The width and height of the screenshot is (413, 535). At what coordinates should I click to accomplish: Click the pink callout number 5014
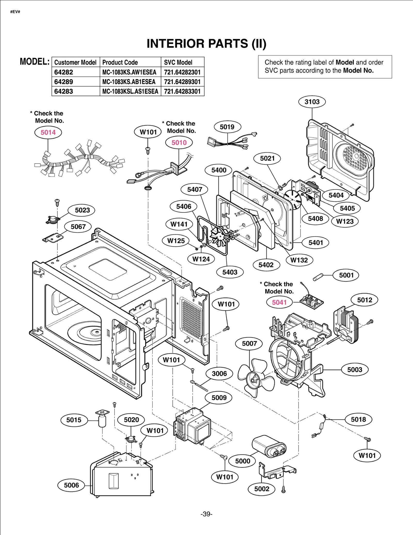click(48, 132)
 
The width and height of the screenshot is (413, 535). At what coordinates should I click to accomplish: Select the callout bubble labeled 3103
click(312, 102)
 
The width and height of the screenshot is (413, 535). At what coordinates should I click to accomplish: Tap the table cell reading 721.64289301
click(182, 82)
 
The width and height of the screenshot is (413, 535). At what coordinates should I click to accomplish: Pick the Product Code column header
click(120, 62)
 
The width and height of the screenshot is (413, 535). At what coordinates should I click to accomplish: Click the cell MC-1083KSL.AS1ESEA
click(130, 91)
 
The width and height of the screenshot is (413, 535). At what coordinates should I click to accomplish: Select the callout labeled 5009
click(219, 398)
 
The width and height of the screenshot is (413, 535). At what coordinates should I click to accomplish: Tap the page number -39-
click(206, 514)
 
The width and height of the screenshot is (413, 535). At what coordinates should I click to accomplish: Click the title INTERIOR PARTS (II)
click(206, 44)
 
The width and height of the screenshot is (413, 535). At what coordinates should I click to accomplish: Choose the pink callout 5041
click(279, 302)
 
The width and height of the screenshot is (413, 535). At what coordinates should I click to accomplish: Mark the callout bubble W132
click(299, 260)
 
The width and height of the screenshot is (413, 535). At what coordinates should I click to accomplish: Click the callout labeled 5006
click(71, 485)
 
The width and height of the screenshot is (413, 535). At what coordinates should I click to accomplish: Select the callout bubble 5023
click(82, 210)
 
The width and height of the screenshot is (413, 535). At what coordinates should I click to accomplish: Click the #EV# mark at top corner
click(15, 12)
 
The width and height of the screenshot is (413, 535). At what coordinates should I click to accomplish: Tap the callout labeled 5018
click(358, 419)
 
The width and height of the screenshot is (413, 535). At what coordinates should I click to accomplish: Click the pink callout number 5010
click(179, 142)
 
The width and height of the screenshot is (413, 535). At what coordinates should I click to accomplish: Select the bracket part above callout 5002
click(276, 471)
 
